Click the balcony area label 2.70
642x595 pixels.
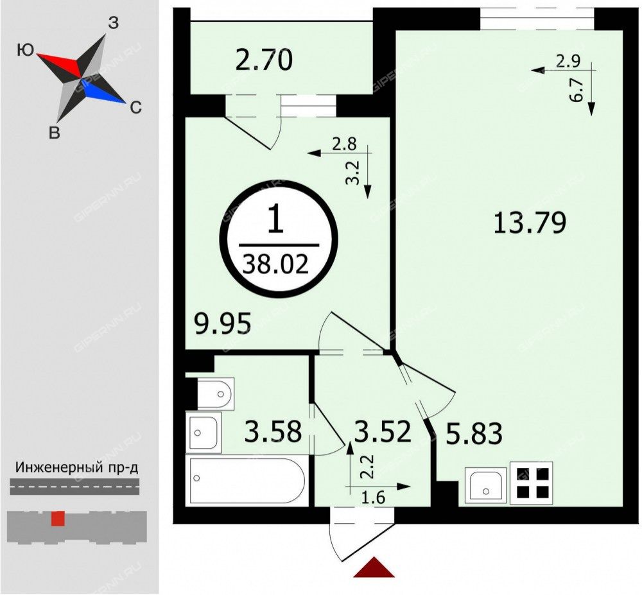pyautogui.click(x=264, y=61)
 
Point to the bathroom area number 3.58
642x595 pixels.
pyautogui.click(x=273, y=431)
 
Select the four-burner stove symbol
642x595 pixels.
pyautogui.click(x=531, y=483)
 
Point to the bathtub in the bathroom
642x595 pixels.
pyautogui.click(x=247, y=480)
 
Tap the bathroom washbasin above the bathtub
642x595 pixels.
pyautogui.click(x=204, y=431)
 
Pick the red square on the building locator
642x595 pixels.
pyautogui.click(x=58, y=519)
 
